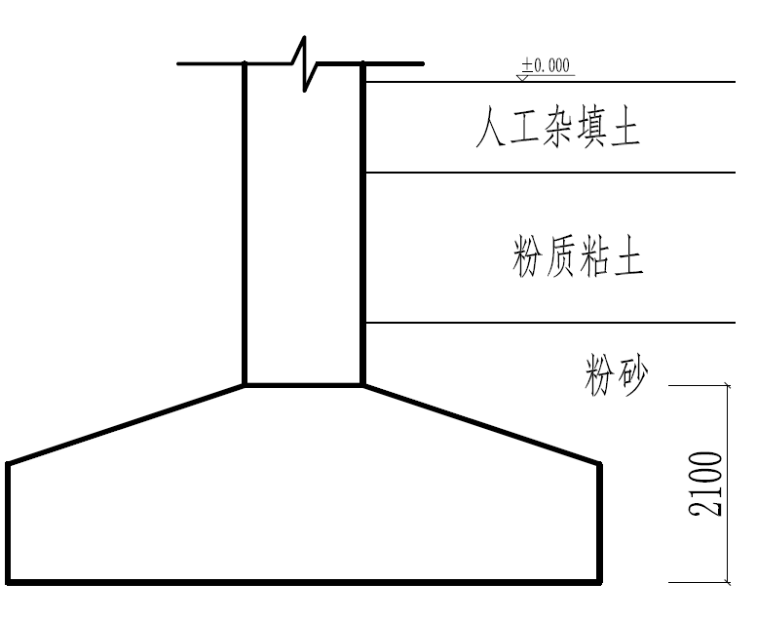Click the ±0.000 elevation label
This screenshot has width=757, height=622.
[547, 65]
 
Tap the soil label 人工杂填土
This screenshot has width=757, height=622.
[557, 128]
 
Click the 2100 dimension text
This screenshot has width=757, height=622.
[706, 484]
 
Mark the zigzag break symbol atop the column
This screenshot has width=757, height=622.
[304, 64]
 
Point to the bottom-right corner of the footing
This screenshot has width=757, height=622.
[599, 583]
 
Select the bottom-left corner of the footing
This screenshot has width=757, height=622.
[9, 583]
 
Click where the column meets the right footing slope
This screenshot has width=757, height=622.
[361, 385]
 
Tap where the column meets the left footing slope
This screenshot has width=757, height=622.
[244, 385]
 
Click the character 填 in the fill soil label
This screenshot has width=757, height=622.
[589, 128]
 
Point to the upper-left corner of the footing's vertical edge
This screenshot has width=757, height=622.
[9, 463]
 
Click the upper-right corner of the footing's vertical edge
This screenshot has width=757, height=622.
[599, 463]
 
